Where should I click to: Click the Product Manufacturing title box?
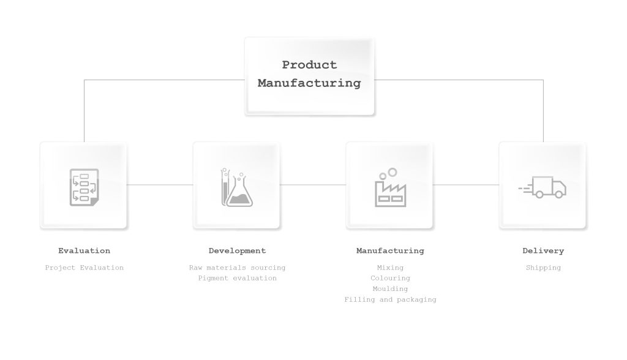(x=309, y=77)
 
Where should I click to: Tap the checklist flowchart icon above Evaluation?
(x=84, y=187)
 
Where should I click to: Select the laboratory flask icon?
(x=237, y=187)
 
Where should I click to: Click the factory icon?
(x=390, y=187)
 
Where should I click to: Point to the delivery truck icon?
(x=543, y=187)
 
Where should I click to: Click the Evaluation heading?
(x=84, y=251)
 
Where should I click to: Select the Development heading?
(x=237, y=251)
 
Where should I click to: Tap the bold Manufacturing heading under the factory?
(x=390, y=251)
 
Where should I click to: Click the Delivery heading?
(x=543, y=251)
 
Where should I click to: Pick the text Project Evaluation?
(x=84, y=268)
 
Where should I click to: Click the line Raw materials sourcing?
(x=237, y=268)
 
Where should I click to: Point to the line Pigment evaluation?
(x=237, y=279)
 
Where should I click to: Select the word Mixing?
(x=390, y=268)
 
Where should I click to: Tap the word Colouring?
(x=390, y=279)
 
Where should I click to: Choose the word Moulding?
(x=390, y=289)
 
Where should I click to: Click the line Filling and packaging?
(x=390, y=299)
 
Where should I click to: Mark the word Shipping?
(x=543, y=268)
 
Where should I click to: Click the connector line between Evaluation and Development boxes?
(x=160, y=185)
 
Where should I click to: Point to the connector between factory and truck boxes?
(x=466, y=185)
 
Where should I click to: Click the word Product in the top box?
(x=309, y=65)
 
